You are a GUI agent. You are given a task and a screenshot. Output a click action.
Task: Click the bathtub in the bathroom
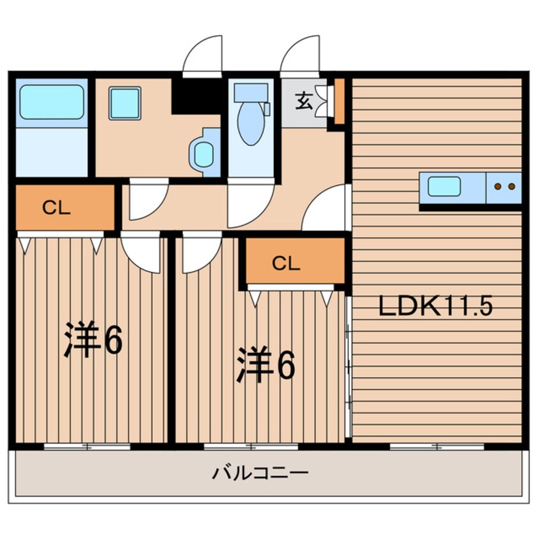pyautogui.click(x=52, y=102)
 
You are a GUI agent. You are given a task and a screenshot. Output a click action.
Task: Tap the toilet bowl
pyautogui.click(x=251, y=124)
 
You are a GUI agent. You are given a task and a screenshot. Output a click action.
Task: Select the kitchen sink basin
pyautogui.click(x=444, y=186)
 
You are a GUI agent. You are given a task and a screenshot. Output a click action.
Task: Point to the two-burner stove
pyautogui.click(x=505, y=187)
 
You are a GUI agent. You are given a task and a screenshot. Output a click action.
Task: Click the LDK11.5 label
pyautogui.click(x=435, y=306)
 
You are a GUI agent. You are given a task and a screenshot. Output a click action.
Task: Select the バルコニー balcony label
pyautogui.click(x=260, y=473)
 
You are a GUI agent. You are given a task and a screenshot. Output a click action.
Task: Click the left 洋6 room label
pyautogui.click(x=93, y=340)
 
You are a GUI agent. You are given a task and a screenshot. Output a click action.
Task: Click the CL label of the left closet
pyautogui.click(x=56, y=208)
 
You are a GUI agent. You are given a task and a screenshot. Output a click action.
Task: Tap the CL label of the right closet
pyautogui.click(x=286, y=264)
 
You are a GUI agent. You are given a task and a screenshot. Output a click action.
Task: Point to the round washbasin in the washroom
pyautogui.click(x=203, y=155)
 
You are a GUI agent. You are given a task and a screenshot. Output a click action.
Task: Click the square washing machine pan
pyautogui.click(x=125, y=103)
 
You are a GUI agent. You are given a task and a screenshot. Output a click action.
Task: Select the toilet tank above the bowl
pyautogui.click(x=251, y=92)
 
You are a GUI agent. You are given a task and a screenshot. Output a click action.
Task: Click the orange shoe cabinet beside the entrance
pyautogui.click(x=340, y=101)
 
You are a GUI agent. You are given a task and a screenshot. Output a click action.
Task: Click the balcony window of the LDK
pyautogui.click(x=437, y=447)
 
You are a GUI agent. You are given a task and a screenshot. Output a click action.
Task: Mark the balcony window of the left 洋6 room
pyautogui.click(x=87, y=447)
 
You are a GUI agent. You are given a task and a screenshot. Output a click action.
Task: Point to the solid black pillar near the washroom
pyautogui.click(x=196, y=97)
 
